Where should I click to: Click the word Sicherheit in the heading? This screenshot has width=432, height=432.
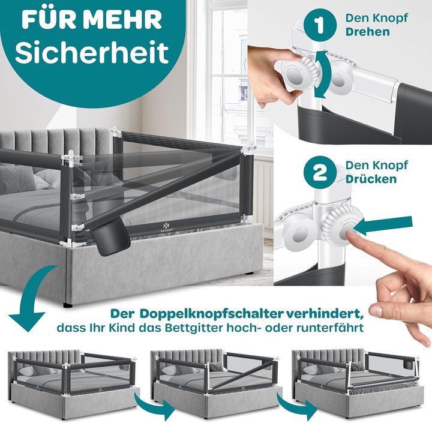pyautogui.click(x=92, y=53)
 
